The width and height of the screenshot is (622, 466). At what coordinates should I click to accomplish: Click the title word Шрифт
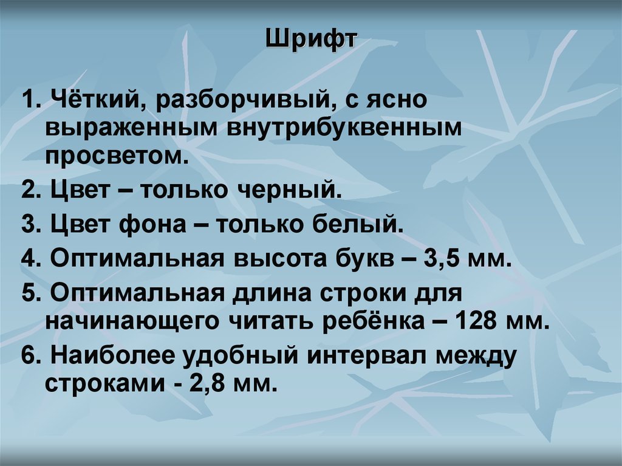tap(310, 43)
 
